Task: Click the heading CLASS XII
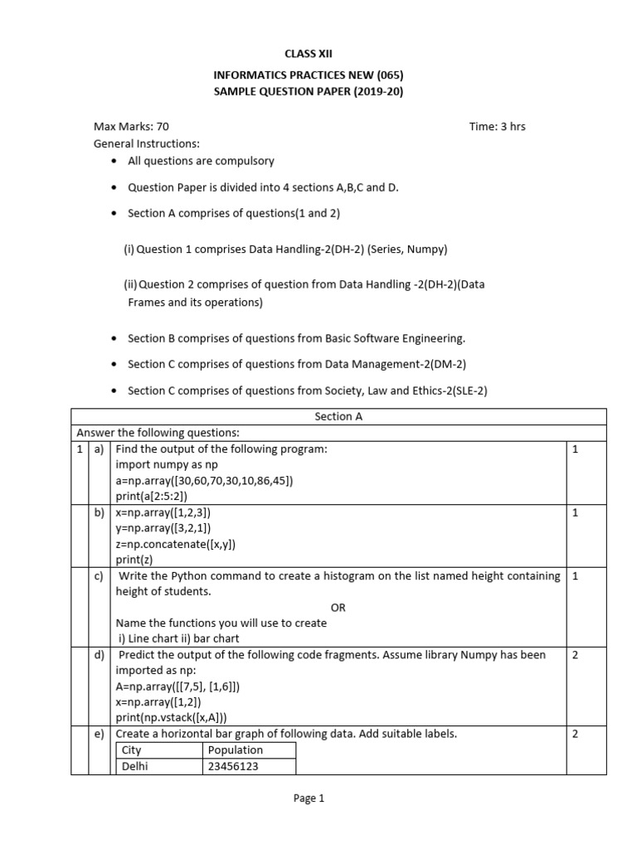308,53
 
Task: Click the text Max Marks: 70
131,127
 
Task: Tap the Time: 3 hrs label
497,127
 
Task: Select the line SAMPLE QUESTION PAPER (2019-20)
309,92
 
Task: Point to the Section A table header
338,417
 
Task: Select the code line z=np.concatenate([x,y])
176,544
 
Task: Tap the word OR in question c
338,608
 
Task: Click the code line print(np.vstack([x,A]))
171,718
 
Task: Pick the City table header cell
132,750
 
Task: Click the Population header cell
236,750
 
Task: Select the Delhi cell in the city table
134,767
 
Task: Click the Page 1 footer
309,798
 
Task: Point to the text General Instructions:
146,143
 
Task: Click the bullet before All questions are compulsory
114,161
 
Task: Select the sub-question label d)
99,655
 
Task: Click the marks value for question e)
575,734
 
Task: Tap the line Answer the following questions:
158,433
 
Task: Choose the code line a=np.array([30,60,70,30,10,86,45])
204,480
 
